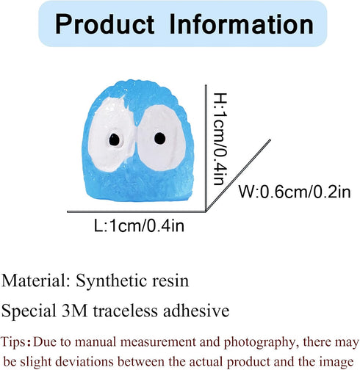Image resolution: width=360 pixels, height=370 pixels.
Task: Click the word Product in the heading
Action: click(x=105, y=24)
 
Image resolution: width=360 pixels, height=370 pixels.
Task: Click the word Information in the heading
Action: click(x=241, y=24)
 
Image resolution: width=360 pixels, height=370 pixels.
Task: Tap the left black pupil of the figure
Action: click(x=114, y=139)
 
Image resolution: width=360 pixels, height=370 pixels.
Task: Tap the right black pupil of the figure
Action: click(x=160, y=138)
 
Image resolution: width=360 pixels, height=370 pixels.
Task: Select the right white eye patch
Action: click(x=161, y=138)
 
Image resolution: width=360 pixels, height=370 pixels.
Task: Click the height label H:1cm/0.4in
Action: click(x=220, y=139)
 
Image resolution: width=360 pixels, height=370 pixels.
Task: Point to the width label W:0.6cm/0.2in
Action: click(x=295, y=192)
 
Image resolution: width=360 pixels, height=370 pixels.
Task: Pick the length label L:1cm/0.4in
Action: click(x=139, y=225)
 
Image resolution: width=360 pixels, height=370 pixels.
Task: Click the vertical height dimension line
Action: click(x=206, y=148)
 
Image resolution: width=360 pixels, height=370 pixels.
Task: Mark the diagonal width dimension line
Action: click(x=238, y=175)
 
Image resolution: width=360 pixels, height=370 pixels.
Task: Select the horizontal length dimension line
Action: click(x=137, y=211)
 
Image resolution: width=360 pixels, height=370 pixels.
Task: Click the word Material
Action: click(x=36, y=280)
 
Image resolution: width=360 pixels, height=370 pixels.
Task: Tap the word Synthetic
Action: click(x=112, y=282)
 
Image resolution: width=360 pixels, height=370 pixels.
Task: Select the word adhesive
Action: click(x=196, y=311)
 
